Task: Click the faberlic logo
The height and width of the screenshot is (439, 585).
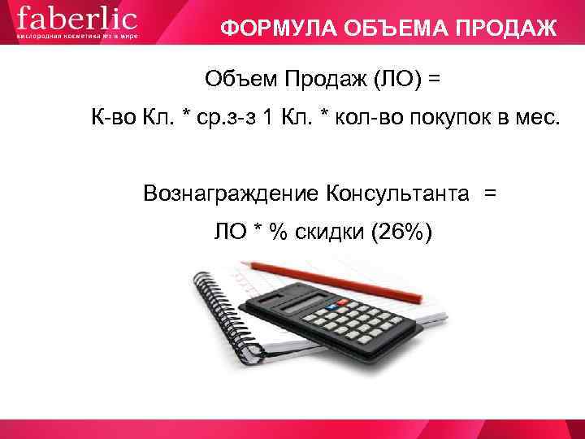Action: [77, 18]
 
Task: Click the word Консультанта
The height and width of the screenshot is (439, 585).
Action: [397, 193]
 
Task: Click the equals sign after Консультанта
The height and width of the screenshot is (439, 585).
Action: [489, 193]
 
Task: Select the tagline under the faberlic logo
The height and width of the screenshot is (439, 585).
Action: [77, 37]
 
